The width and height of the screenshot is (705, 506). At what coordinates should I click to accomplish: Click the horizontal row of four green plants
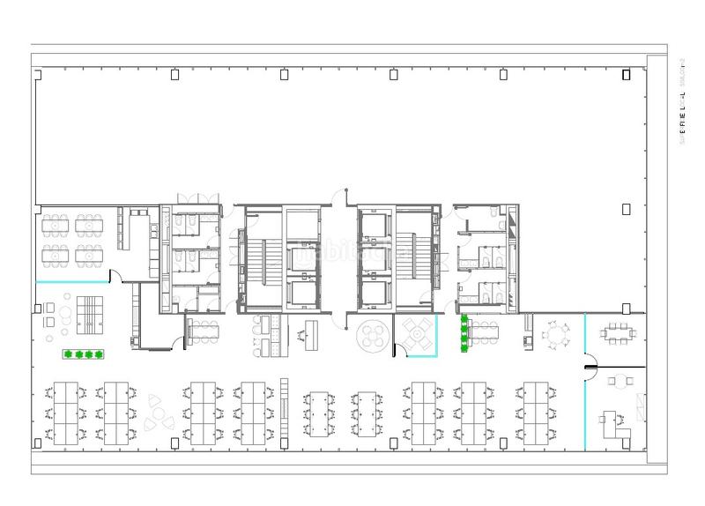[x=83, y=354]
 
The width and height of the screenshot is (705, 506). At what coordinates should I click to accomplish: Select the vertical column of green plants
[x=463, y=334]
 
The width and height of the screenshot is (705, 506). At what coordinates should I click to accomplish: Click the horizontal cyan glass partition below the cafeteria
[x=70, y=282]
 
